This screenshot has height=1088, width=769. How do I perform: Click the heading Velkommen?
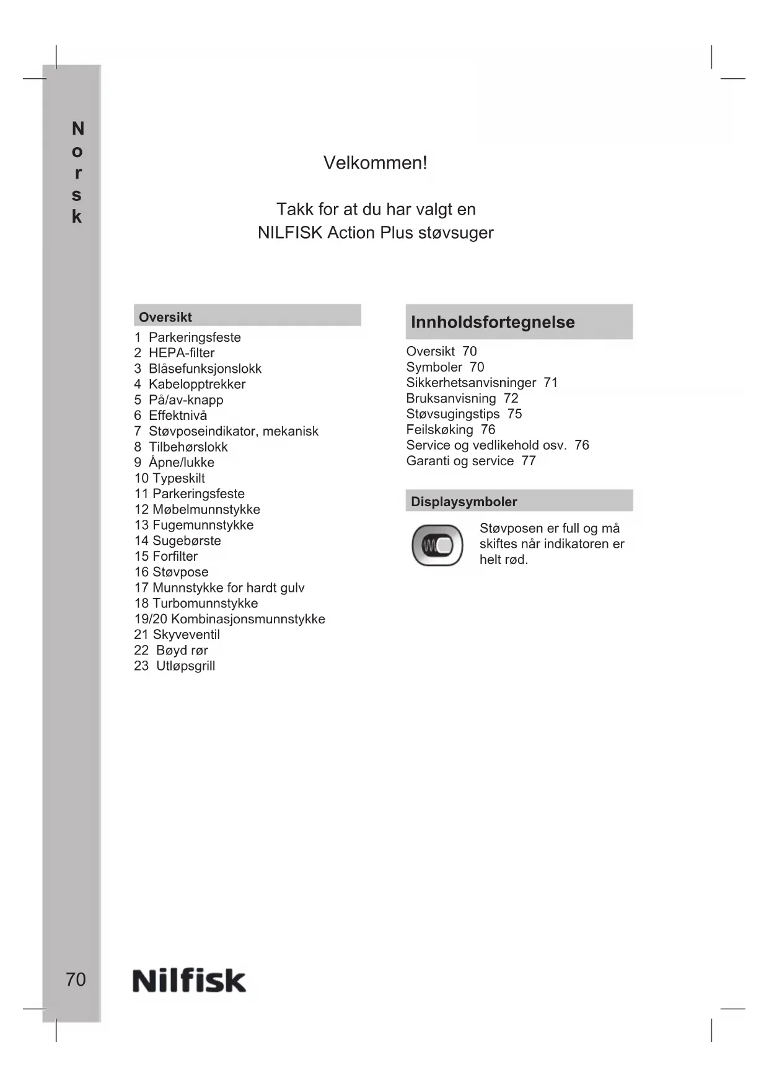(375, 163)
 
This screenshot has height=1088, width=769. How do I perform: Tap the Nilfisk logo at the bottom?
(189, 981)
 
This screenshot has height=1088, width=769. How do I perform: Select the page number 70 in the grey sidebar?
(76, 979)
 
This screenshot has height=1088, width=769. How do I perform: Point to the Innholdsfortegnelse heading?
(493, 322)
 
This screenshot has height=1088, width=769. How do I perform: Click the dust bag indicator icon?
(437, 545)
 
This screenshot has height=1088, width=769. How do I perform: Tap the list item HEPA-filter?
(182, 353)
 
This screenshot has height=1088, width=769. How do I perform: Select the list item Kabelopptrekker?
(197, 384)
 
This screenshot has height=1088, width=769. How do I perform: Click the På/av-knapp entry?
(186, 400)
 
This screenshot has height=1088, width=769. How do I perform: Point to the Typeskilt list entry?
(178, 478)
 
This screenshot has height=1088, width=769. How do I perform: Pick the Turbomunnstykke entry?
(205, 604)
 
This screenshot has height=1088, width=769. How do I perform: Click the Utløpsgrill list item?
(185, 666)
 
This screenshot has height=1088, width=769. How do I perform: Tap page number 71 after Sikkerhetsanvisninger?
(550, 383)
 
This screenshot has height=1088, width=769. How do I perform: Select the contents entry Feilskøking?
(439, 430)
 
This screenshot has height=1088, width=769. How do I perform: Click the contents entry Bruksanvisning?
(451, 398)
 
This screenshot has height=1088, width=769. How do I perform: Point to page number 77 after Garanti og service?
(528, 461)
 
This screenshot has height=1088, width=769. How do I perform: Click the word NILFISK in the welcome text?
(290, 233)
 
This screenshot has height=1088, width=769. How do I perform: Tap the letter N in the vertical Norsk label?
(77, 129)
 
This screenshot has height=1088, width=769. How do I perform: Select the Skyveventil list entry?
(186, 635)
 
